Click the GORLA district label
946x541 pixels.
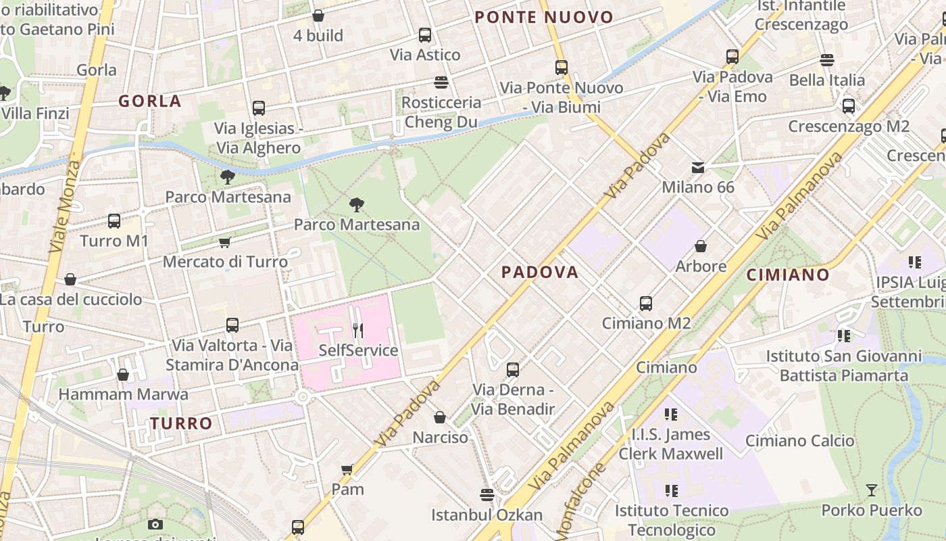coord(150,101)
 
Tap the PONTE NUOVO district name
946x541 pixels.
coord(544,18)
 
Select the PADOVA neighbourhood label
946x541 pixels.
coord(540,272)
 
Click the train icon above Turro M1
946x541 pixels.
coord(114,221)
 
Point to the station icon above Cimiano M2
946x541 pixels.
coord(646,304)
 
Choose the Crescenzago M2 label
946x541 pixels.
coord(849,126)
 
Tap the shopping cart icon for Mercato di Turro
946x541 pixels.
coord(225,242)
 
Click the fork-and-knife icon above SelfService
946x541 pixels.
coord(358,330)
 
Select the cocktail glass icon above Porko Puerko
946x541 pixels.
coord(872,490)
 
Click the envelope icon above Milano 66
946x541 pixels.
coord(697,167)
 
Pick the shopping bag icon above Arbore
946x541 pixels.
coord(701,246)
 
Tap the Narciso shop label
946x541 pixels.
coord(440,438)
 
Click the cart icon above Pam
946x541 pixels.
coord(347,469)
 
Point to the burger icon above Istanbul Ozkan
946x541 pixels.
coord(487,494)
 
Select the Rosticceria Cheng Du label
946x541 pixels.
coord(441,112)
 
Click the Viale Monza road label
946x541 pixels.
coord(64,206)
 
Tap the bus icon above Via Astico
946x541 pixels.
coord(425,35)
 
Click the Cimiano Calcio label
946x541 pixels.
coord(799,441)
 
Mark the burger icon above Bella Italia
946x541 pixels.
coord(827,60)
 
